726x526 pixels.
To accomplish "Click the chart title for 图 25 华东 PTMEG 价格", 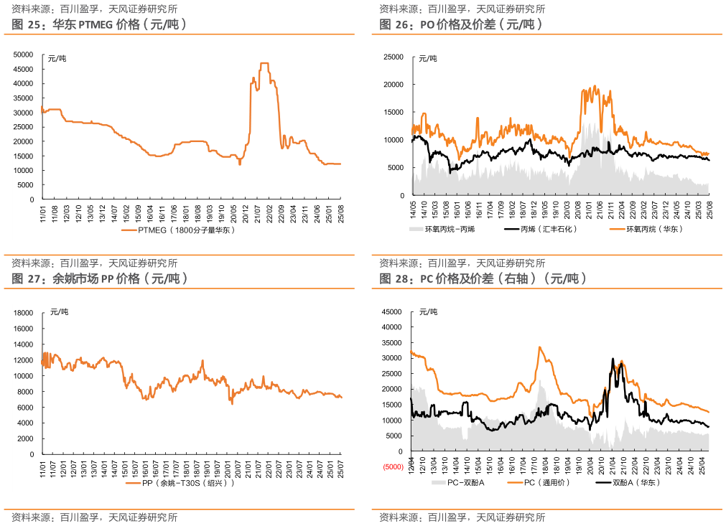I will (x=100, y=24).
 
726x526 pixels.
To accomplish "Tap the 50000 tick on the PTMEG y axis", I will (x=24, y=55).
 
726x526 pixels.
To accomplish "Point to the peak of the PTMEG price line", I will (x=264, y=63).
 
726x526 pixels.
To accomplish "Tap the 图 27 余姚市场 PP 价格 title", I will (x=100, y=278).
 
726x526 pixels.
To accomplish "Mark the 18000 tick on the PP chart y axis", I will (x=24, y=313).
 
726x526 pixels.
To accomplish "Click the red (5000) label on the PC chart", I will (x=393, y=467).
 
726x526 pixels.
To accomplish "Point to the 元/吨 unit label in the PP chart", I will (x=60, y=311).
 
